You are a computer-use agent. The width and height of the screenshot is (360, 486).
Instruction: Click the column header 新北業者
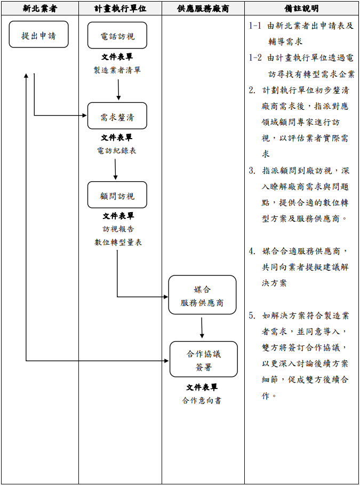pos(40,9)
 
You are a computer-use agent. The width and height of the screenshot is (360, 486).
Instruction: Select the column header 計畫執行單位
pos(120,9)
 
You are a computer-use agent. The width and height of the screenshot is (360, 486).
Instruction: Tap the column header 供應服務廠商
pos(203,9)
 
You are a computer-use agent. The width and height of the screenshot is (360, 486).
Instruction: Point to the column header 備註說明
pos(302,9)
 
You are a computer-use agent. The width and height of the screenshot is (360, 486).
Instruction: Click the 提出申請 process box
pos(38,36)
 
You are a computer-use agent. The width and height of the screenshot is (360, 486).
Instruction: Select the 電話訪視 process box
pos(117,36)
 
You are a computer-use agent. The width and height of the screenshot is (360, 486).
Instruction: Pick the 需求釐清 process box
pos(117,117)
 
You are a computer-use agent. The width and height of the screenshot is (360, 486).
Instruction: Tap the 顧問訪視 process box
pos(117,196)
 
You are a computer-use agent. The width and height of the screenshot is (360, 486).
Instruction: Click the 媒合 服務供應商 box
pos(202,295)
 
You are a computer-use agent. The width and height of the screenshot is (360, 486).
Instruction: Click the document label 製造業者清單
pos(117,70)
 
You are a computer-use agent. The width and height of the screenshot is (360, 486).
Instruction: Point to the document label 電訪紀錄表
pos(117,150)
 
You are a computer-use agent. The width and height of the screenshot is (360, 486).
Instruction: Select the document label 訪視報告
pos(118,229)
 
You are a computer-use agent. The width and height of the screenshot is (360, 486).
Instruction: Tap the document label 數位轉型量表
pos(118,242)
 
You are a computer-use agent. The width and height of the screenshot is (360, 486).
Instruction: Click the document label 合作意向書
pos(202,400)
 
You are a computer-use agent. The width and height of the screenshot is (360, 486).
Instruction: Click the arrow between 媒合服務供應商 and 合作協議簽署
pos(202,328)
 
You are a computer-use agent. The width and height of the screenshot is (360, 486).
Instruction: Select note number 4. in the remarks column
pos(252,251)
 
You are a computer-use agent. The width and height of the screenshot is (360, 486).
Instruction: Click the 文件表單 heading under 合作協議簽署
pos(202,387)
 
